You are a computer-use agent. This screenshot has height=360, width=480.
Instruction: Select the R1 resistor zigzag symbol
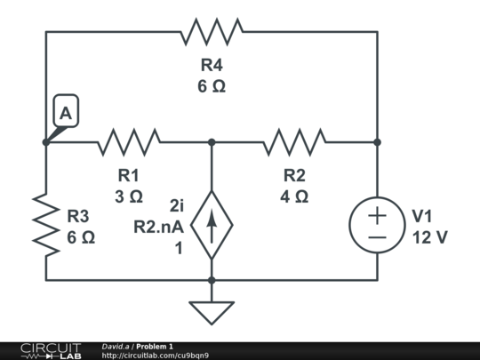point(129,141)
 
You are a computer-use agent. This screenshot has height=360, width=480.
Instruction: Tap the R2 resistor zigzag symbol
point(294,141)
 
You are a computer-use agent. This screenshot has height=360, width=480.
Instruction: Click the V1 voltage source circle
point(377,225)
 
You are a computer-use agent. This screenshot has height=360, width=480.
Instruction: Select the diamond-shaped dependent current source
point(212,228)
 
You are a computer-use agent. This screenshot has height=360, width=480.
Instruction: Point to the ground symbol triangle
point(212,312)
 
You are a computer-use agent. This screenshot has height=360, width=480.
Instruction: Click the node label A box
point(66,113)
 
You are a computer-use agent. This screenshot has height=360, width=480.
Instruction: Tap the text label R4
point(212,65)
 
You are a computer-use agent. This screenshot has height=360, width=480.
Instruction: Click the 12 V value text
point(429,238)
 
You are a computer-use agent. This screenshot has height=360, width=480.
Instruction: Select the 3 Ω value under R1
point(129,196)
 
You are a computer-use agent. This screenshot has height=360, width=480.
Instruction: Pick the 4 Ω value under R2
point(294,196)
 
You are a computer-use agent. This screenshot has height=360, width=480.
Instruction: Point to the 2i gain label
point(174,206)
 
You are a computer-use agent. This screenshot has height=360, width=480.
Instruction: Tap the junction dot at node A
point(46,141)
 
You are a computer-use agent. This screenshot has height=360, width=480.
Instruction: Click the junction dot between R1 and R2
point(212,141)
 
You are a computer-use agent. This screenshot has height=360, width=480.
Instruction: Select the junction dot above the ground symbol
point(212,280)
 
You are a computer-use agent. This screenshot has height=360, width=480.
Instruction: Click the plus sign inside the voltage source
point(377,214)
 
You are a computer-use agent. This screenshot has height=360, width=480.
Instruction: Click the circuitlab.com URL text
point(156,356)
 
